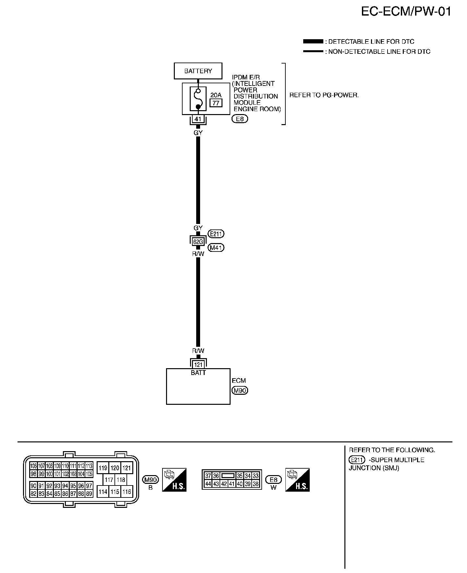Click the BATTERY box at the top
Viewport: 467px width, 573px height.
(x=198, y=71)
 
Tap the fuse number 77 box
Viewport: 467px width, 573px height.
(x=216, y=103)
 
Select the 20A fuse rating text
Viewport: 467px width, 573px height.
(x=216, y=95)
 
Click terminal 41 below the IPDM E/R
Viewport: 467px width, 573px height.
(x=198, y=119)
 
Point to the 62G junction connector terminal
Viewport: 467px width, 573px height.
(x=198, y=241)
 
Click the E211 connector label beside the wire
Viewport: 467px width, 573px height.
(x=216, y=234)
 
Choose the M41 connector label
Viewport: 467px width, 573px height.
(x=216, y=248)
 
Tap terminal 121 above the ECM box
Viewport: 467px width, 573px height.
(x=198, y=365)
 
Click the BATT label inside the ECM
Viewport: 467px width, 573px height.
(x=198, y=373)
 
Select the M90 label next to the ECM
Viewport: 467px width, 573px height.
(x=240, y=391)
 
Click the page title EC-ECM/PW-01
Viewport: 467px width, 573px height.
(x=406, y=12)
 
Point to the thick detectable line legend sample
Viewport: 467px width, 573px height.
(x=313, y=41)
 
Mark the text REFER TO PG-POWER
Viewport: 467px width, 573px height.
(x=324, y=95)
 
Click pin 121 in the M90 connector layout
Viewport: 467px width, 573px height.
(x=126, y=468)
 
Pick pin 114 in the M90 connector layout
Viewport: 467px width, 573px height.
(x=103, y=492)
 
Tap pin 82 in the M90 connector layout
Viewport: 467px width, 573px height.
(x=33, y=494)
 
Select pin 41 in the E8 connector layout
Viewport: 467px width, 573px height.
(x=232, y=484)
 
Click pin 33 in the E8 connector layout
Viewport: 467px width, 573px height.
(x=256, y=476)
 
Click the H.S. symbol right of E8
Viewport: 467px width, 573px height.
(x=297, y=480)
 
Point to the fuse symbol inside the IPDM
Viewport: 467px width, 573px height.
(x=198, y=98)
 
